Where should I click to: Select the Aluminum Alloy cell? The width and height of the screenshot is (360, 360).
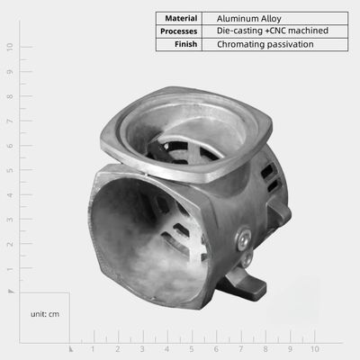[249, 19]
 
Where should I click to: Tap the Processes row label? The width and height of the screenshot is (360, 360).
[179, 31]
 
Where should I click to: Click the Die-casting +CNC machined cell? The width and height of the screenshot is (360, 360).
[273, 31]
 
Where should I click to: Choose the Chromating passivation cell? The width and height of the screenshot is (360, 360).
[265, 44]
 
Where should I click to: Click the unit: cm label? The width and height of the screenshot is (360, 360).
[45, 314]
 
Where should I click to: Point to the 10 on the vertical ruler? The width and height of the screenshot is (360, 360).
[10, 47]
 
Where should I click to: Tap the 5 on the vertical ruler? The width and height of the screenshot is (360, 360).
[10, 170]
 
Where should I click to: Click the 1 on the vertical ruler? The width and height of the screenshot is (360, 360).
[10, 269]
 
